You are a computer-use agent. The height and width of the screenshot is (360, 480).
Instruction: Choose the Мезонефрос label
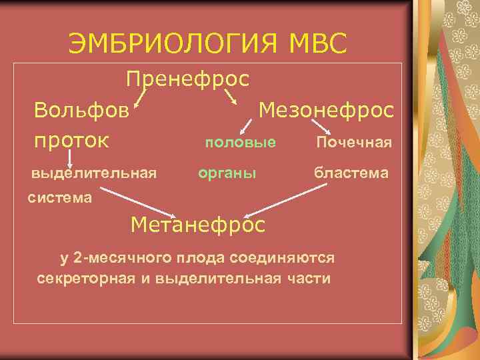pos(326,109)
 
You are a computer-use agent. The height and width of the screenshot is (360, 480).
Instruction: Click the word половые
pos(240,142)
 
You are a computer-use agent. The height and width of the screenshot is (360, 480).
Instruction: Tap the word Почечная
pos(353,143)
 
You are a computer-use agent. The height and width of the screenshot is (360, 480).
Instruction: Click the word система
pos(61,197)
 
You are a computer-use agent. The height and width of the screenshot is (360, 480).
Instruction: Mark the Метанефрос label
pos(198,224)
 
